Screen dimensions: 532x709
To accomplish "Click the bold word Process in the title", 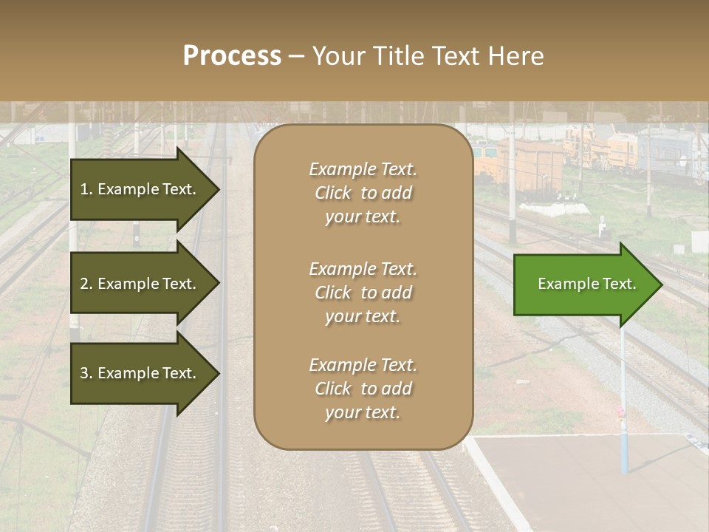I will pyautogui.click(x=232, y=56).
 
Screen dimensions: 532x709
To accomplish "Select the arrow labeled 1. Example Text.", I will pyautogui.click(x=140, y=189).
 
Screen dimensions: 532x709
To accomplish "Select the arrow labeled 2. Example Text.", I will pyautogui.click(x=140, y=284).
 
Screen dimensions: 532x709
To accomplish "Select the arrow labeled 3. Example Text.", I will pyautogui.click(x=140, y=373).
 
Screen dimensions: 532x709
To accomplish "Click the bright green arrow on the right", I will pyautogui.click(x=583, y=284).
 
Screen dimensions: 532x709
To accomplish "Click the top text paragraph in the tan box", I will pyautogui.click(x=363, y=193).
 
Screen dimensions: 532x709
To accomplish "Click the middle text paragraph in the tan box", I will pyautogui.click(x=363, y=293).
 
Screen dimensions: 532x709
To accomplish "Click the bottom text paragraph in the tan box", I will pyautogui.click(x=363, y=389).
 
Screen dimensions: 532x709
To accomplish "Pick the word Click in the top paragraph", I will pyautogui.click(x=332, y=193).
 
